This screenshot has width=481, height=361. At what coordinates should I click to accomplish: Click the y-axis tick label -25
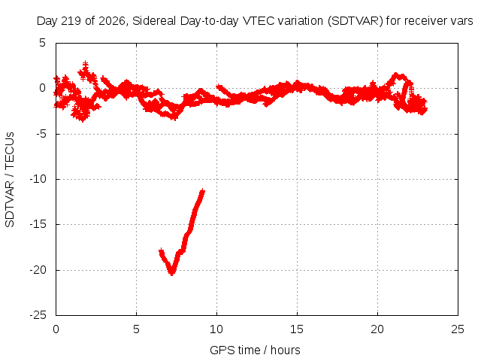pyautogui.click(x=38, y=315)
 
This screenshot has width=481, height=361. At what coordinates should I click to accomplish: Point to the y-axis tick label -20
pyautogui.click(x=38, y=270)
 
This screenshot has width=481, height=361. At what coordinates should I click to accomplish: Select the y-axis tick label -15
pyautogui.click(x=38, y=224)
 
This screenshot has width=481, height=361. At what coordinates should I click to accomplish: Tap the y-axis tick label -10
pyautogui.click(x=38, y=179)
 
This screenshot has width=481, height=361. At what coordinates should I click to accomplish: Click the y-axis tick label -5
pyautogui.click(x=41, y=134)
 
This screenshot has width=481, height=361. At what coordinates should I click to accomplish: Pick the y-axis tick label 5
pyautogui.click(x=42, y=43)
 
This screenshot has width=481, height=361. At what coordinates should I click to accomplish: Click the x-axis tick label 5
pyautogui.click(x=136, y=329)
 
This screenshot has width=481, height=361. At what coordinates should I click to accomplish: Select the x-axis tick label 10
pyautogui.click(x=216, y=329)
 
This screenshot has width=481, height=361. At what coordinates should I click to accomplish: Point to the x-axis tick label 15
pyautogui.click(x=297, y=329)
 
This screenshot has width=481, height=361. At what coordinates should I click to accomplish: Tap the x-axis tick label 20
pyautogui.click(x=377, y=329)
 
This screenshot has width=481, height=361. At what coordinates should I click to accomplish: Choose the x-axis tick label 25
pyautogui.click(x=458, y=329)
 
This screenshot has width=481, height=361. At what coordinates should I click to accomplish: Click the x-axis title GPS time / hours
pyautogui.click(x=255, y=350)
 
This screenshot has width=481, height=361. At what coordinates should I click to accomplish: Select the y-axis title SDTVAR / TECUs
pyautogui.click(x=10, y=180)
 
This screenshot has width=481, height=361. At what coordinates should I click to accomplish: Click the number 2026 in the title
pyautogui.click(x=112, y=21)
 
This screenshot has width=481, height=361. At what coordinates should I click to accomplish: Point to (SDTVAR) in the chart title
pyautogui.click(x=355, y=21)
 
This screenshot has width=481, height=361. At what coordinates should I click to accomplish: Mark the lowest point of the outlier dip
pyautogui.click(x=172, y=274)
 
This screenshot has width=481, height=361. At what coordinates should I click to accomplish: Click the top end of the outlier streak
pyautogui.click(x=202, y=190)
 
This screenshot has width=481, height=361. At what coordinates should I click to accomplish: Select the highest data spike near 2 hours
pyautogui.click(x=85, y=62)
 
